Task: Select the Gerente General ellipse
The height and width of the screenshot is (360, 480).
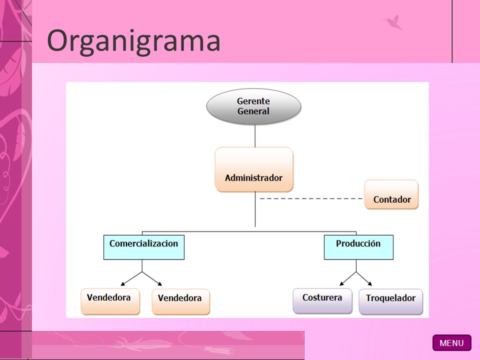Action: coord(254,106)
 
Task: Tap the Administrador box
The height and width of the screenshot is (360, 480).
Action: coord(254,169)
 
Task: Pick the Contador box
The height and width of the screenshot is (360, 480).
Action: coord(391,194)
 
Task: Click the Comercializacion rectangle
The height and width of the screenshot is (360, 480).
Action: coord(144,247)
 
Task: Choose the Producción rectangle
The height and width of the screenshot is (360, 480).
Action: coord(358,247)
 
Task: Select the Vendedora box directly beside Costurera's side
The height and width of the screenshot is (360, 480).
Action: coord(181,302)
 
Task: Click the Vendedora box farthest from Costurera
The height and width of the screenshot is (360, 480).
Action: coord(110,301)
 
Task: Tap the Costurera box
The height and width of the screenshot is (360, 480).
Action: coord(322,301)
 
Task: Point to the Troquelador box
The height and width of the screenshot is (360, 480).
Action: coord(390,302)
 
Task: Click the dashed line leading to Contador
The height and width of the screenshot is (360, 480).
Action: coord(311,198)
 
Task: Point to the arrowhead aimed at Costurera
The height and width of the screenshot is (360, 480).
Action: coord(341,284)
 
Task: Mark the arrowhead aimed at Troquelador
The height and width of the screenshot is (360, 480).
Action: coord(370,284)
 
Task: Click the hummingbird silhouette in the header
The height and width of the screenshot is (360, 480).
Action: coord(392,22)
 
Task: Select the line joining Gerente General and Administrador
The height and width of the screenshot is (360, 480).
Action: coord(255,136)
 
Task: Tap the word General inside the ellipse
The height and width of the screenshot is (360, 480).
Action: coord(253,111)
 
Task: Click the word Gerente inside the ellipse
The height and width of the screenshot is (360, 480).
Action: coord(253,101)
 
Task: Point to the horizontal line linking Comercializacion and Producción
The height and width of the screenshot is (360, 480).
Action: coord(249,231)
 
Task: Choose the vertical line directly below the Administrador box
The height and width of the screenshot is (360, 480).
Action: coord(255,209)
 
